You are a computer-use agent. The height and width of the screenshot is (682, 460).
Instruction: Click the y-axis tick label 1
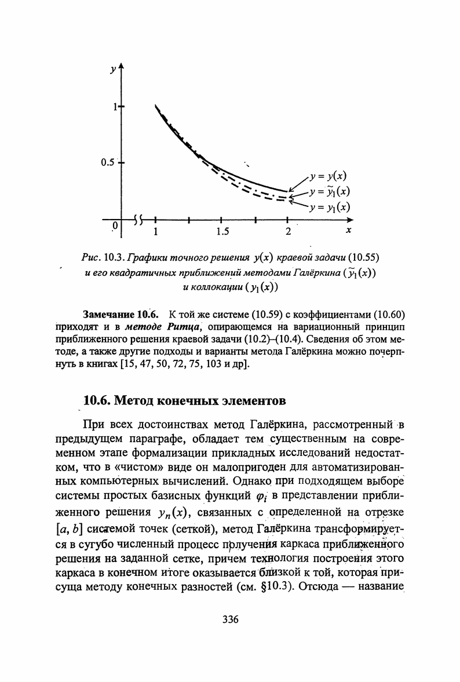pos(116,107)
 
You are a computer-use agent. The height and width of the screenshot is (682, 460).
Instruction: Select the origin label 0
pos(115,224)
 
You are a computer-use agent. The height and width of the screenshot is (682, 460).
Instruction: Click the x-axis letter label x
pos(349,231)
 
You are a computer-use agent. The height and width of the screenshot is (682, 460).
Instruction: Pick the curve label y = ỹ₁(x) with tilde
pos(331,192)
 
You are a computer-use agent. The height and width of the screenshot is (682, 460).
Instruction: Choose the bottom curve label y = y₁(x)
pos(331,206)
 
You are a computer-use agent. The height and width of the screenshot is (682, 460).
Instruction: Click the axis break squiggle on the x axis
pos(138,220)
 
